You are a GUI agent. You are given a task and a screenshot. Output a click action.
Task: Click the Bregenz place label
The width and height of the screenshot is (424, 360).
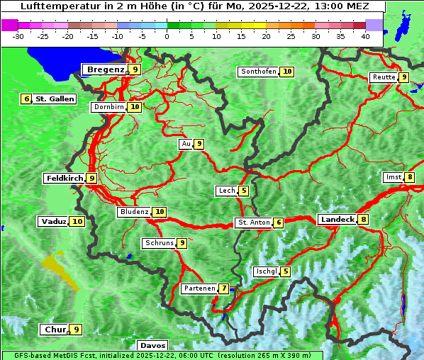point(105,69)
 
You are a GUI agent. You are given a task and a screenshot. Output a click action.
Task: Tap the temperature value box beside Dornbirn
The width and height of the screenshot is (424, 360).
point(135,107)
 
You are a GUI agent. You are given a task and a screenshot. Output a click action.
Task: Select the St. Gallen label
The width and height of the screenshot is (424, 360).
point(55,99)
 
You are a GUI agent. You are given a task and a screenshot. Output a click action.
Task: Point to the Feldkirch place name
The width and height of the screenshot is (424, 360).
point(65,179)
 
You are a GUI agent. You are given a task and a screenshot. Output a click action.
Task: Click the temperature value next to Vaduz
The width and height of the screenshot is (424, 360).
point(77,222)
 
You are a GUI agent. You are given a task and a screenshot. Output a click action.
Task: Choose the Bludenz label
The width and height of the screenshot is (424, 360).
point(134,212)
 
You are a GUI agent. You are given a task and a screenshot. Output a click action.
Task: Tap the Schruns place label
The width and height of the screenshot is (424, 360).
point(159,243)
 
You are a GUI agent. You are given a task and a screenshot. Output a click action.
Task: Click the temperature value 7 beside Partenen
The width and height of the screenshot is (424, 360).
point(223,288)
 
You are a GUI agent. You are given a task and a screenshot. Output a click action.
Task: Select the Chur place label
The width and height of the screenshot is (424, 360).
point(54,330)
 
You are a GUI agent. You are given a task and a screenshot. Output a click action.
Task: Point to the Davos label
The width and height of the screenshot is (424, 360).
point(153,346)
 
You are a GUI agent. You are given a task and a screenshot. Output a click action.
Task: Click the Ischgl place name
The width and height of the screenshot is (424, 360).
point(266,271)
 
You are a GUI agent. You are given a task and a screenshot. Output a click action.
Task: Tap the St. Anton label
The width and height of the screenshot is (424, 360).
point(253,223)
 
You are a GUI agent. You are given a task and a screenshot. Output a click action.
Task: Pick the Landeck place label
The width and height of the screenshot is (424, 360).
point(337,220)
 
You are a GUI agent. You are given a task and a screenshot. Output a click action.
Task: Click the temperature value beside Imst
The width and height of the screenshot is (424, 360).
point(410,177)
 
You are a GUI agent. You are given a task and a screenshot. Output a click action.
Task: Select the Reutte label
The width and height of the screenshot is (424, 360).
point(383,77)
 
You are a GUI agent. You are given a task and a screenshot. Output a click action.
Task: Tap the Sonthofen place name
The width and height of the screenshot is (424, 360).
point(258,72)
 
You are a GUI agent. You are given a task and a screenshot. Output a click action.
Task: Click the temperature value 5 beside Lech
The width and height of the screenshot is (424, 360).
point(244,191)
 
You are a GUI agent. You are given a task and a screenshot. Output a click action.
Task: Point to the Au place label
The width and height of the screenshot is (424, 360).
point(186,144)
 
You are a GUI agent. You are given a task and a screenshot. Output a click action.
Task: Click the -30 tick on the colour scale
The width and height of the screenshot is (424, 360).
point(18,36)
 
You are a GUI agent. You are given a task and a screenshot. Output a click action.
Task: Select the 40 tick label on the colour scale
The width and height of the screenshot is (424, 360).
point(365,36)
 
